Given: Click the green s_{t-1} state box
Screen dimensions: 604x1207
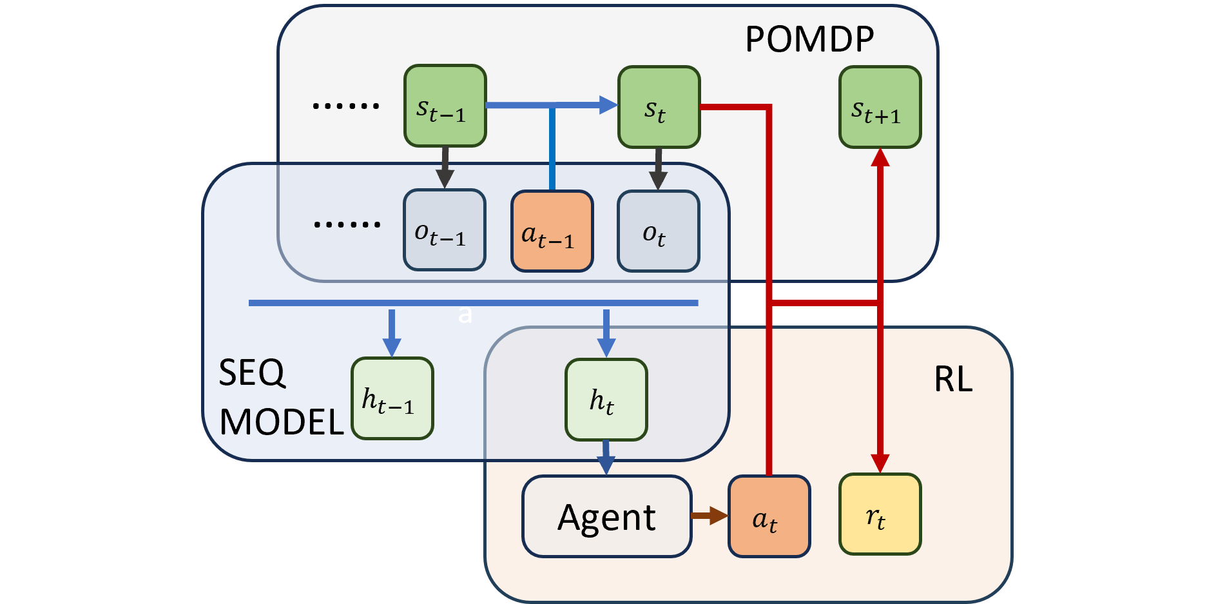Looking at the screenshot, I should point(445,106).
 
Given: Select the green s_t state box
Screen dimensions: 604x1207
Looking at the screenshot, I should point(659,107).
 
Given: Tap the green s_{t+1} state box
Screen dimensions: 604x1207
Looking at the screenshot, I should point(880,108).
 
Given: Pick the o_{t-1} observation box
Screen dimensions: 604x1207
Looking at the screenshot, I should point(444,230).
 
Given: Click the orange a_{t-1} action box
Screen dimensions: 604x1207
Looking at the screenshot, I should point(552,231).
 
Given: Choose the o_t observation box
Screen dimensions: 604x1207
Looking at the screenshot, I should point(658,231).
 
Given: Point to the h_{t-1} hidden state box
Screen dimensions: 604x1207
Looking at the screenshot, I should point(392,398).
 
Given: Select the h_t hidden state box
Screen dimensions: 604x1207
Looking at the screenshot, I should point(606,400).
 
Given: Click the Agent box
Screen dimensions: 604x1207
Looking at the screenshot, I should point(606,516).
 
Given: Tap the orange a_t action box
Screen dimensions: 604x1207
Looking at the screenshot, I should point(769,516).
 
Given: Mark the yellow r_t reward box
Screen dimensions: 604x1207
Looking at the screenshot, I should point(880,514).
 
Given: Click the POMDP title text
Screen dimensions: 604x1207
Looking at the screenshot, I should point(809,39).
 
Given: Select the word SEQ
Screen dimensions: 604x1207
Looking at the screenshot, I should point(252,373).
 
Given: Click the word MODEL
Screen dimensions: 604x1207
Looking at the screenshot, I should point(282,422).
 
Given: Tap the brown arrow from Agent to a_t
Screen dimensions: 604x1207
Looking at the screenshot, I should point(709,516).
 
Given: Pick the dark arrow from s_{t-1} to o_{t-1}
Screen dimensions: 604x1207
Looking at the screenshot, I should point(445,168).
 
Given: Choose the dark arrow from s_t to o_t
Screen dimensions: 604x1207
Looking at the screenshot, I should point(658,169).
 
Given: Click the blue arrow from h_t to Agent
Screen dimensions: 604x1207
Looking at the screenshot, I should point(606,458).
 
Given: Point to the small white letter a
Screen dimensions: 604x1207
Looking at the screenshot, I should point(465,315).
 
